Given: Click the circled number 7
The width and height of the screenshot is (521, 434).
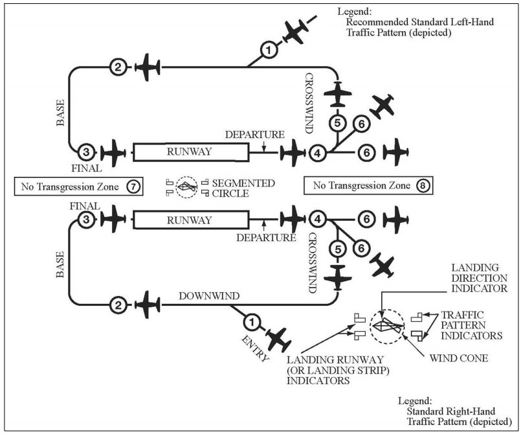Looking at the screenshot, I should pos(132,187).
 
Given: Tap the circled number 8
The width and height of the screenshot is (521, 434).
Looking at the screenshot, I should pos(422,187).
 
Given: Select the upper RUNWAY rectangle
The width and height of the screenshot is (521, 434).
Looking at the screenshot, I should pos(190,152).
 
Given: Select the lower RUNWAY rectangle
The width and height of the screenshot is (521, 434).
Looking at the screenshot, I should pos(190,220).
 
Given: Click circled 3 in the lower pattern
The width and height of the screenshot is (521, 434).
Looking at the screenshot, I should pos(85,220).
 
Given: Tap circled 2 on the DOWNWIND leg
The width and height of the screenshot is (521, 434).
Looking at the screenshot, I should pos(117,303).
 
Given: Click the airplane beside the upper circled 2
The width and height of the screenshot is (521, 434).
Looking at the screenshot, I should pos(148,67).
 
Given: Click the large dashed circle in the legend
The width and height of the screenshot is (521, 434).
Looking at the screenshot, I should pos(386,325).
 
